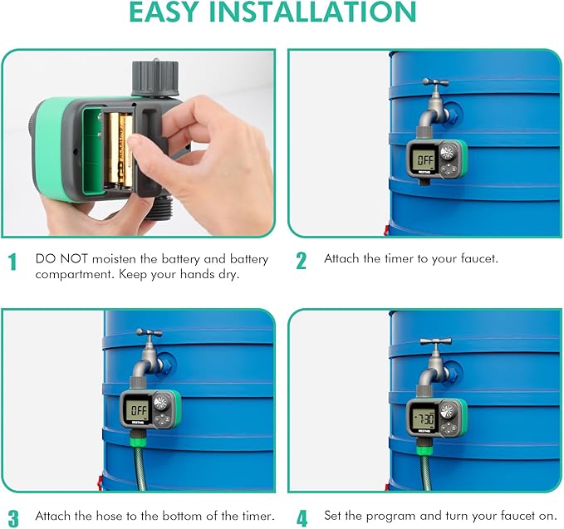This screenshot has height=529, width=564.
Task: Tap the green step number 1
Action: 12,263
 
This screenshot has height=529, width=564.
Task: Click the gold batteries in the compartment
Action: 117,149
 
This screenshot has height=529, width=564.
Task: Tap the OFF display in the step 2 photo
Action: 424,159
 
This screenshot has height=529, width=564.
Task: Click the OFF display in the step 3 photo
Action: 138,409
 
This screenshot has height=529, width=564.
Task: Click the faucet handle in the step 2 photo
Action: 435,83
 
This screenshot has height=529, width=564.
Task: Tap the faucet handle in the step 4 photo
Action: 435,340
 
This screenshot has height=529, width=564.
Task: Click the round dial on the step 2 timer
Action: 449,153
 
